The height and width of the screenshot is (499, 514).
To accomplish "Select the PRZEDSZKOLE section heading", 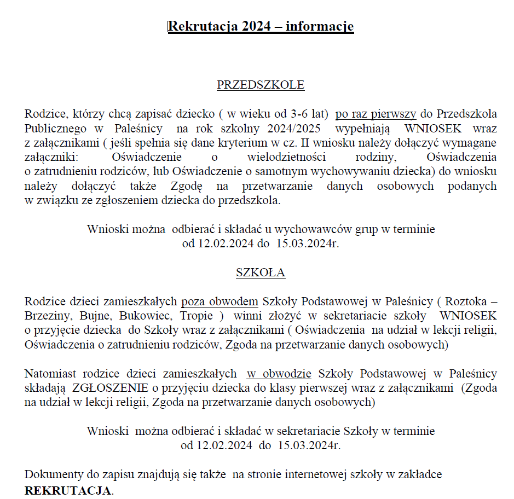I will (x=261, y=85).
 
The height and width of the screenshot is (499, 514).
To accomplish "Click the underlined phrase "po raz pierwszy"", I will (x=376, y=114).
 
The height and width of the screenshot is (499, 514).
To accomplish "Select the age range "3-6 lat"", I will (x=309, y=114).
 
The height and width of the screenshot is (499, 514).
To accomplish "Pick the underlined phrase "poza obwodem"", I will (x=220, y=301).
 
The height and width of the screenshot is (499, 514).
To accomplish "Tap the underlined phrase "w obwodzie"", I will (x=279, y=374).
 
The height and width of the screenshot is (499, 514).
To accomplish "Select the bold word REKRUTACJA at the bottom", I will (x=68, y=490).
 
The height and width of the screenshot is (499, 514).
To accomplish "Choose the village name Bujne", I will (x=95, y=316).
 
